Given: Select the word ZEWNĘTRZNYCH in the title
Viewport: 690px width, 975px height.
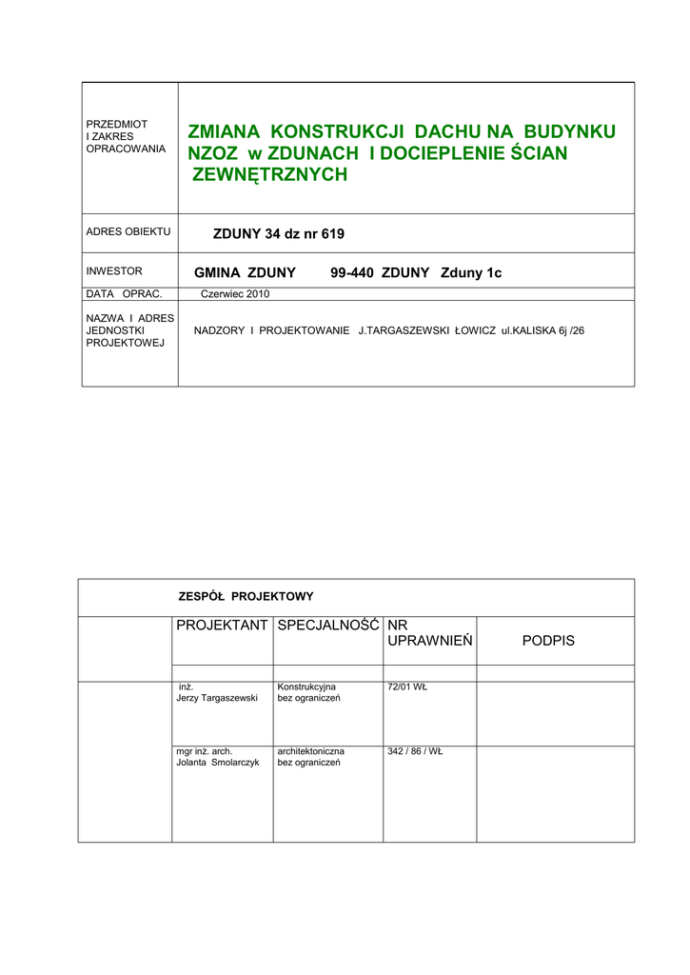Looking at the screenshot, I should click(x=269, y=174).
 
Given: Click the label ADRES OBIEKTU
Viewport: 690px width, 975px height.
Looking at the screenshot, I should click(x=128, y=232).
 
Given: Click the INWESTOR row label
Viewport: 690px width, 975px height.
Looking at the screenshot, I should click(x=113, y=271).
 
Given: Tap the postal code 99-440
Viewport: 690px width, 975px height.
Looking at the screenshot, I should click(x=351, y=273).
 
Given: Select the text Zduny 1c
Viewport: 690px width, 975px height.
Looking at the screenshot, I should click(x=470, y=273).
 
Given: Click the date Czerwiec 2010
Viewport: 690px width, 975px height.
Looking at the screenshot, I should click(x=235, y=294).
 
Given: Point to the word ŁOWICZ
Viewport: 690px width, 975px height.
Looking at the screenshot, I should click(x=472, y=330).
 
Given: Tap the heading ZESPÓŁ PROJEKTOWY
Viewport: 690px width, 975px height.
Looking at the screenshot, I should click(x=246, y=597).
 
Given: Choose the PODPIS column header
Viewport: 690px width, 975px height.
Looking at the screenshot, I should click(x=548, y=641).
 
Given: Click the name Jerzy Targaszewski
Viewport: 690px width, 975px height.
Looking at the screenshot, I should click(x=217, y=698).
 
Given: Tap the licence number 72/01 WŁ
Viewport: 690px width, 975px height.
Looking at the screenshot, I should click(x=407, y=686).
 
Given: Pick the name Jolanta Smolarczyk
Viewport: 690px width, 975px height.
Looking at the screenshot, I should click(x=218, y=763).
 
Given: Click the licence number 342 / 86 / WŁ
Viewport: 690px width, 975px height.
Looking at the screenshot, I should click(x=415, y=751).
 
